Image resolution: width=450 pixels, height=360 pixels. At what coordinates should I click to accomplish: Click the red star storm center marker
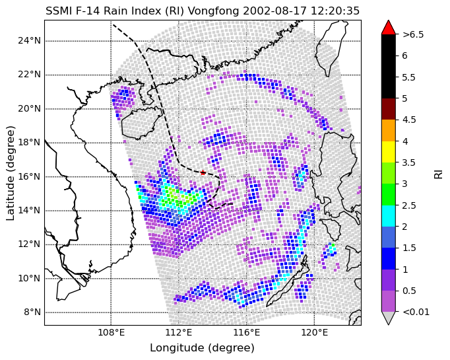203,172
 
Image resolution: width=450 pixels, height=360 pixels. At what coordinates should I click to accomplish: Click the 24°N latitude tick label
30,41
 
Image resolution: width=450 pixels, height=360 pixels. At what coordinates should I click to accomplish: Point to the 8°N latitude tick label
32,312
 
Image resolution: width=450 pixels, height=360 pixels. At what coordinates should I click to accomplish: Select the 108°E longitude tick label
111,333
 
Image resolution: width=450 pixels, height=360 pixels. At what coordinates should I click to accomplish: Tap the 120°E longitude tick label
314,333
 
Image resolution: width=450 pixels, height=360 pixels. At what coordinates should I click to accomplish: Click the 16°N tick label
30,176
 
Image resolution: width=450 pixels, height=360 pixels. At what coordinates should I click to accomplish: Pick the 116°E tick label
247,333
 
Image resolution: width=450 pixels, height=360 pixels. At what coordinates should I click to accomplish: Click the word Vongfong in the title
214,11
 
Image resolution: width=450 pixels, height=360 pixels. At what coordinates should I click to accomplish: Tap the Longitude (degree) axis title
203,348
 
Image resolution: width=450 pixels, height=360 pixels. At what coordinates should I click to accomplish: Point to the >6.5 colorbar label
413,34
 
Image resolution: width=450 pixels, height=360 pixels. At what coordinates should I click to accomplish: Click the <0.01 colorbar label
416,312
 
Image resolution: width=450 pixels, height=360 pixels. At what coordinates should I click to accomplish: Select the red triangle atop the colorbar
388,28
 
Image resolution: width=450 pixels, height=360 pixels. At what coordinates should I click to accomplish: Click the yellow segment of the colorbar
388,152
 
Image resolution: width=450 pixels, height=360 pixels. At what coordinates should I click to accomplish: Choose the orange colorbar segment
388,130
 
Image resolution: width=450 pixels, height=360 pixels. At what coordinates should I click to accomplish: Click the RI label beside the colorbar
439,173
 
